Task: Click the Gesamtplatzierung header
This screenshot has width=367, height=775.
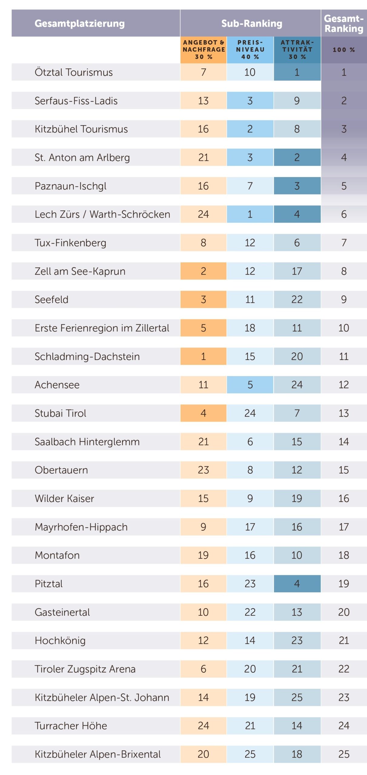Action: pos(79,23)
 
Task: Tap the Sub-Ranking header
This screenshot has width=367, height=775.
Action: pos(251,23)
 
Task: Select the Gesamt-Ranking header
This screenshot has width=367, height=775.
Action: pos(343,23)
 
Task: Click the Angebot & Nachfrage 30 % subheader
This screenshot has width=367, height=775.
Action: pos(203,49)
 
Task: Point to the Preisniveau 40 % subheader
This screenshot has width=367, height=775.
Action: pos(250,49)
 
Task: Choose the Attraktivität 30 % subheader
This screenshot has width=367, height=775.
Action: pos(297,49)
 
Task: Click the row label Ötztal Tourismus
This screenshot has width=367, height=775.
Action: pos(74,72)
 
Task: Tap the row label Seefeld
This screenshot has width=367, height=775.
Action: pos(51,299)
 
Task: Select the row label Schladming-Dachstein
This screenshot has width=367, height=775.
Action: pos(87,356)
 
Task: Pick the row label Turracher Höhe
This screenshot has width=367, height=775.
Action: pos(71,726)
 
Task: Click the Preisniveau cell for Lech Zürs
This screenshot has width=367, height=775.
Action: pos(250,214)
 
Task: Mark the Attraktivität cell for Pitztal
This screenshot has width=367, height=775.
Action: pos(297,583)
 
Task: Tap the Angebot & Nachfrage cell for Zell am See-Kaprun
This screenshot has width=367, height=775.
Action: pos(203,271)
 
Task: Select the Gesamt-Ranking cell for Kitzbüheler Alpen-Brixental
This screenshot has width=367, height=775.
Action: pos(344,754)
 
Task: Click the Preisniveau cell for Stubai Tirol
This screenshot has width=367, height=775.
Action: pos(250,413)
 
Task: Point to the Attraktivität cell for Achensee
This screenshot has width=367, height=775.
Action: pos(297,384)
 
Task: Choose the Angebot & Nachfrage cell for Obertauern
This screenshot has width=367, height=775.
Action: pos(203,470)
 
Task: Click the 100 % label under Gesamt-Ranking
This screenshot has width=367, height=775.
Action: pos(344,50)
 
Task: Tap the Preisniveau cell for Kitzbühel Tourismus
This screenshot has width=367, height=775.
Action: pos(250,129)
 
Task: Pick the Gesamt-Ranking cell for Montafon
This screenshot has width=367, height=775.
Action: pos(344,555)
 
